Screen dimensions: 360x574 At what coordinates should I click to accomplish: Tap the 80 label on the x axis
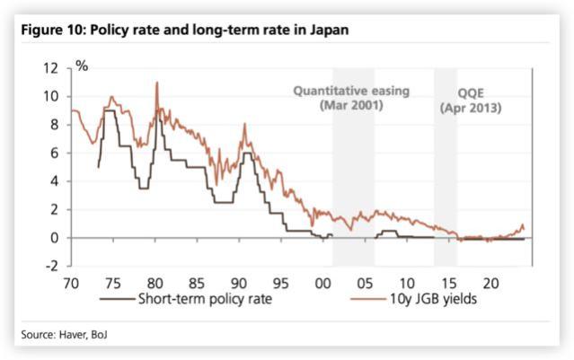click(154, 282)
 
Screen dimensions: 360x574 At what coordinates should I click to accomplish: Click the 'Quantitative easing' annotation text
click(351, 92)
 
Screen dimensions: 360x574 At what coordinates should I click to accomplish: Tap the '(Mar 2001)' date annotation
click(351, 106)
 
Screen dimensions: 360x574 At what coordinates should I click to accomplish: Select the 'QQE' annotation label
click(471, 92)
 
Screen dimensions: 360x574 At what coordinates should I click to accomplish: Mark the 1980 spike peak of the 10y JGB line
click(157, 83)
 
